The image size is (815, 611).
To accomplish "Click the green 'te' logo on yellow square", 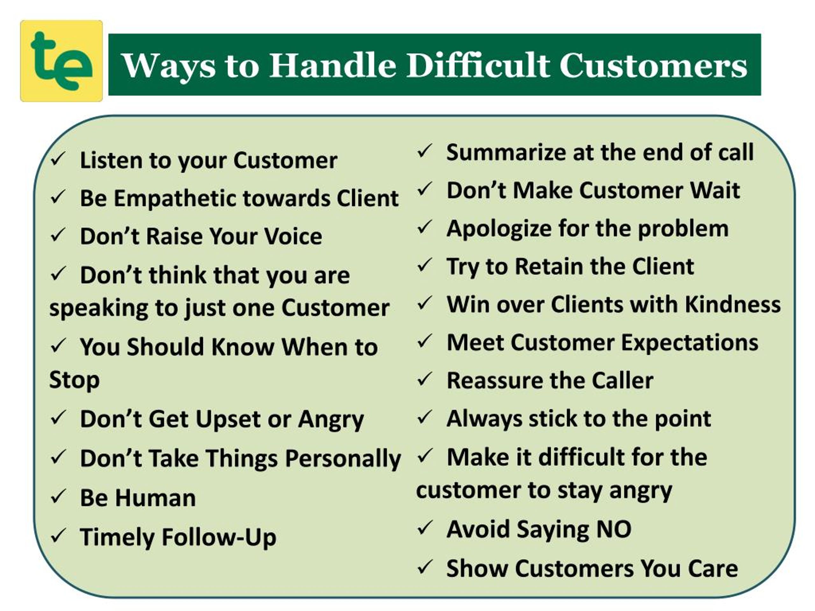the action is pos(61,61).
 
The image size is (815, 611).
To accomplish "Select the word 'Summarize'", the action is pos(506,152).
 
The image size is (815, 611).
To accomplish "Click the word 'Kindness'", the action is pos(733,305).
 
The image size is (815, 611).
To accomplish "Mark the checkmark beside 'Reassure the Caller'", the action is pos(425,379).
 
